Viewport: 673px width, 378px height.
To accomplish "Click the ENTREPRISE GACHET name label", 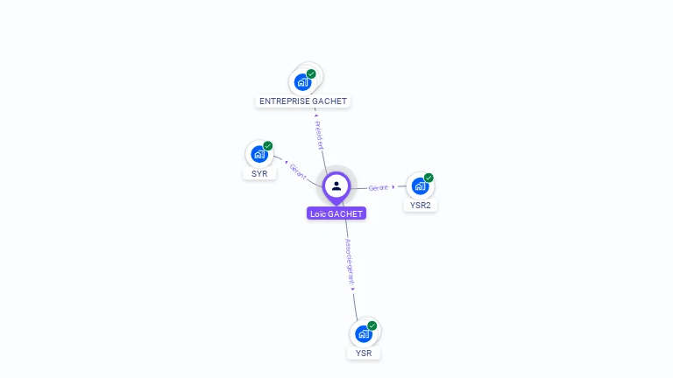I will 303,101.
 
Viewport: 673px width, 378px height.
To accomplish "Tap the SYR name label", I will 259,173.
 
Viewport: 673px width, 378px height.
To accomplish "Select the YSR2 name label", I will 422,206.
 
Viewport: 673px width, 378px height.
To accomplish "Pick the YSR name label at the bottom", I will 364,353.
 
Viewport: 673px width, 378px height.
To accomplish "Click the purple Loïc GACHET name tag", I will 336,213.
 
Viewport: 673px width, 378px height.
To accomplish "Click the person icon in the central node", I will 336,185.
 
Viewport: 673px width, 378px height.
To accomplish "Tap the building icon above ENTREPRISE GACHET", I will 302,82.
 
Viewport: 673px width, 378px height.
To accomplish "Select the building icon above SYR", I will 259,154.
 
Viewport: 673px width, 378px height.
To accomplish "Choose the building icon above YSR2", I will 420,186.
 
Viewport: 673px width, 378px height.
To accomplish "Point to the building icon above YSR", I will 364,333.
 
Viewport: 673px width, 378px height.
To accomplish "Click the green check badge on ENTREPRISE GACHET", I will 311,73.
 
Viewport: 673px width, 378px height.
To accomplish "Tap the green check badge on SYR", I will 268,146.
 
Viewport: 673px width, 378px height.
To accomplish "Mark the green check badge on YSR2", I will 429,178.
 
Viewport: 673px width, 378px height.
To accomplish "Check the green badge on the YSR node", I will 372,325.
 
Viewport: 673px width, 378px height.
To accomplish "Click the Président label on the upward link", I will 320,135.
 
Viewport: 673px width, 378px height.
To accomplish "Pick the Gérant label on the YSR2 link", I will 379,187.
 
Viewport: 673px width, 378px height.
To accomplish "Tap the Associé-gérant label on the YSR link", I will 349,262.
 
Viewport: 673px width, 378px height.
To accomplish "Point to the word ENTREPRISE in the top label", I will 286,101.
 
